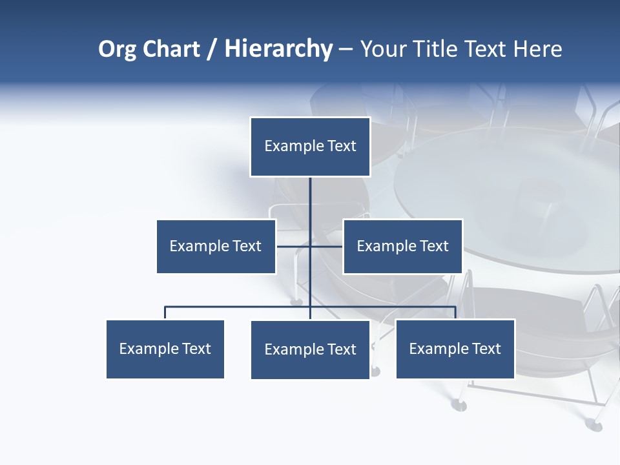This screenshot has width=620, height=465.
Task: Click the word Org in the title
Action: [117, 49]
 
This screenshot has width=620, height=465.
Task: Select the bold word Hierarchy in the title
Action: [278, 49]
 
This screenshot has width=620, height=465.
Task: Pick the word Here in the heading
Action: [537, 49]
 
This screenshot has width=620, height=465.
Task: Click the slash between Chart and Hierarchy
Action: [212, 50]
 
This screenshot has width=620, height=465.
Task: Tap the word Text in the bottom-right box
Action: [486, 349]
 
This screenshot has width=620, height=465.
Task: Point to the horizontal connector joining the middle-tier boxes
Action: [326, 246]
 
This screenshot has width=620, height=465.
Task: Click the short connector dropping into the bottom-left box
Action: [165, 313]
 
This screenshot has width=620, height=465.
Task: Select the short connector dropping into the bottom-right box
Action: [455, 313]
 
